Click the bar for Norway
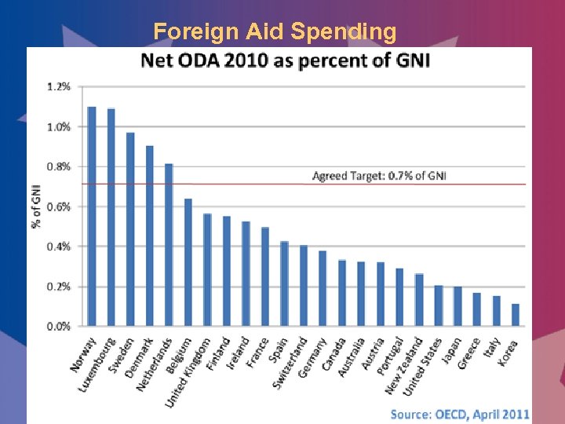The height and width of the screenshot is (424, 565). (x=92, y=216)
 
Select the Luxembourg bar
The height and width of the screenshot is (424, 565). (x=111, y=217)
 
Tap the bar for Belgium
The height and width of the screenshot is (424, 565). (x=188, y=262)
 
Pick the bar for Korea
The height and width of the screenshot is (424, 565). (x=516, y=315)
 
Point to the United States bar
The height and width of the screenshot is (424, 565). (x=439, y=305)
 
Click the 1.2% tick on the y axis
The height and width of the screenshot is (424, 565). (x=59, y=86)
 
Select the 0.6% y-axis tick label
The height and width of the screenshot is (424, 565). (x=59, y=207)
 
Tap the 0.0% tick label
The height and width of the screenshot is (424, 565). (x=59, y=326)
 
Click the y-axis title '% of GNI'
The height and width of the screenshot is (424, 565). (x=36, y=207)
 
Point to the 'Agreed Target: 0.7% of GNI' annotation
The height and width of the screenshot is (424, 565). (x=379, y=176)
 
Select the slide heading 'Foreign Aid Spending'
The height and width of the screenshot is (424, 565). (x=275, y=31)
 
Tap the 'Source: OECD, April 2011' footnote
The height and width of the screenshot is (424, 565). (x=460, y=414)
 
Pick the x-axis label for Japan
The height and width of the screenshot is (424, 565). (x=450, y=351)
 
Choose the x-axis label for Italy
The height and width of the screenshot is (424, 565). (x=490, y=349)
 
